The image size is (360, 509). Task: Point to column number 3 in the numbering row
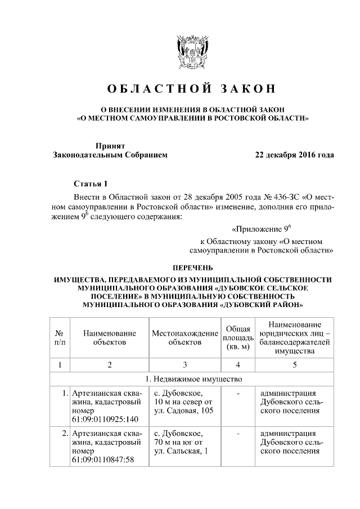pos(185,364)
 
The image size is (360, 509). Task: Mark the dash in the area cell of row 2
pos(238,434)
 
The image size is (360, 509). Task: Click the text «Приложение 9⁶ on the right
pos(261,229)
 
